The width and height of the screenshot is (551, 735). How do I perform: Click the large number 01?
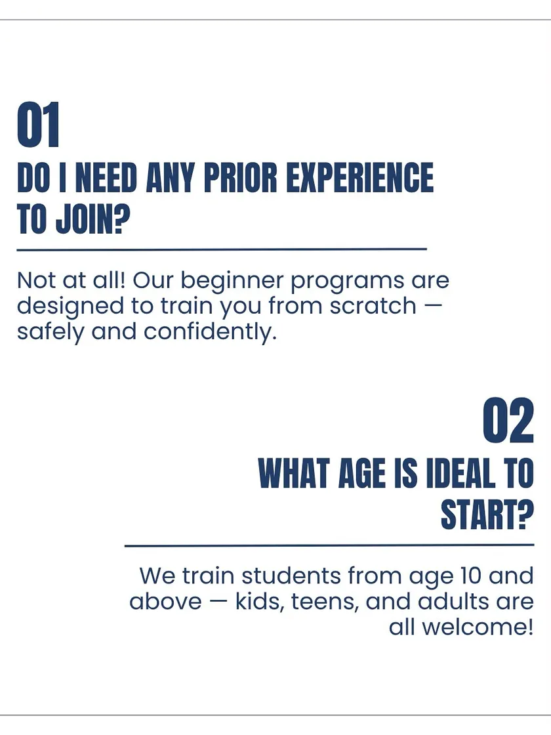[39, 125]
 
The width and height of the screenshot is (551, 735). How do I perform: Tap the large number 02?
[508, 421]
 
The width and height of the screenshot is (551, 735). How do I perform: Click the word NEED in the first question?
[106, 178]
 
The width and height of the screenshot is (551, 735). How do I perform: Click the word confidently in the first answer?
[210, 332]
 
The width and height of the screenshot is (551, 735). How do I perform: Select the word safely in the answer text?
[51, 332]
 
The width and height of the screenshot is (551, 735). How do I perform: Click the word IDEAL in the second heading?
[460, 473]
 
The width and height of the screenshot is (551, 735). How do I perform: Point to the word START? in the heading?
[487, 514]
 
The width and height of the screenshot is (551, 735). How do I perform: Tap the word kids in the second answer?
[260, 601]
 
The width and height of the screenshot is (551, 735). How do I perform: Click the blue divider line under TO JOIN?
[222, 249]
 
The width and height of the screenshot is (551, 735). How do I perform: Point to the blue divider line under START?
[329, 545]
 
